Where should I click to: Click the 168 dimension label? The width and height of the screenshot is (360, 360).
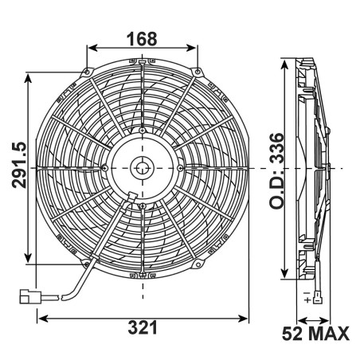(141, 37)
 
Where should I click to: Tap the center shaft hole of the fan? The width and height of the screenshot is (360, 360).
(142, 167)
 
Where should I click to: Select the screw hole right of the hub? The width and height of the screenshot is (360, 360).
(182, 167)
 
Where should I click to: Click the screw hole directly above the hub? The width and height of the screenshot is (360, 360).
(142, 130)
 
